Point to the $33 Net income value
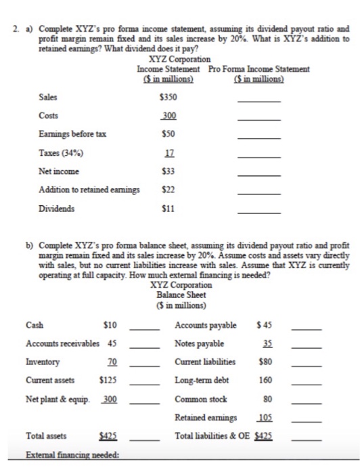(168, 172)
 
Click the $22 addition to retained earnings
(168, 191)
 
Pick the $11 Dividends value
(168, 209)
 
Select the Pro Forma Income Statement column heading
(259, 69)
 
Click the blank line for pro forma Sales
(259, 100)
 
